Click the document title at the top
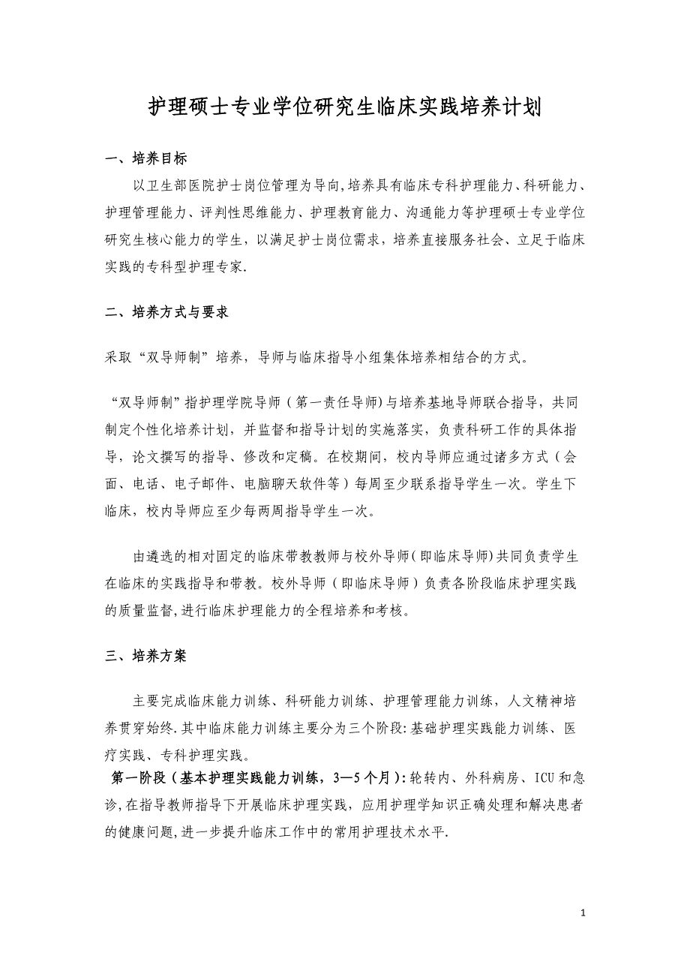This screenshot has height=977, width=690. pyautogui.click(x=344, y=108)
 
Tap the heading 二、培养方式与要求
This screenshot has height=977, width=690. pyautogui.click(x=166, y=312)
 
